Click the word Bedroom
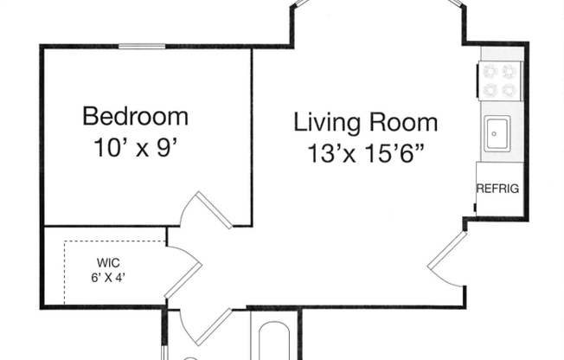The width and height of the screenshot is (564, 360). tap(135, 115)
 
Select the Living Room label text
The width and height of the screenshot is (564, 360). tap(366, 122)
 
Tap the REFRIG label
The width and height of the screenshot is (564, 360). tap(498, 188)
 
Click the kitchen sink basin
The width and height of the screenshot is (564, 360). tap(497, 134)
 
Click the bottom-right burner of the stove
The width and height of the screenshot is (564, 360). tap(510, 88)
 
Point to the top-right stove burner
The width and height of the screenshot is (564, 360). tap(510, 71)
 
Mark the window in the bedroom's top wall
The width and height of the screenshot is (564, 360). tap(142, 46)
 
